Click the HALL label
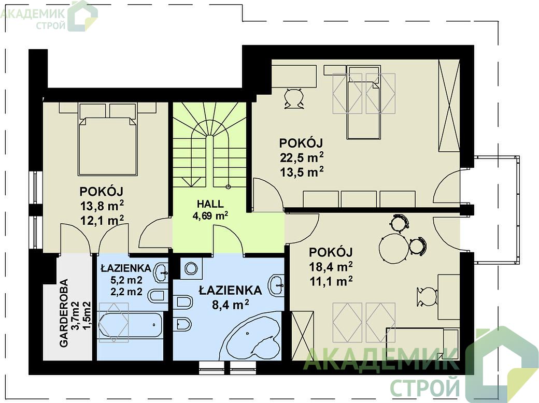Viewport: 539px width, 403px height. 210,204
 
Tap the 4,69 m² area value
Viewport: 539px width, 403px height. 210,216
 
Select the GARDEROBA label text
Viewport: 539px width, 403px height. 64,313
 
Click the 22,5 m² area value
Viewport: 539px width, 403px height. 302,157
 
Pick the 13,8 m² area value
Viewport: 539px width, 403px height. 102,206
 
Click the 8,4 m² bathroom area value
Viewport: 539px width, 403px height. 230,305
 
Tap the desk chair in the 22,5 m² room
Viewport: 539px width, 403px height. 294,98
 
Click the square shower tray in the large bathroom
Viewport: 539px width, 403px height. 191,268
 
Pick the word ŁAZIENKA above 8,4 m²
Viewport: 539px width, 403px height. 230,291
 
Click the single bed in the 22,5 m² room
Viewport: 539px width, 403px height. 364,103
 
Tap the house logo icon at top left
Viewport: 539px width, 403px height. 82,16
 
